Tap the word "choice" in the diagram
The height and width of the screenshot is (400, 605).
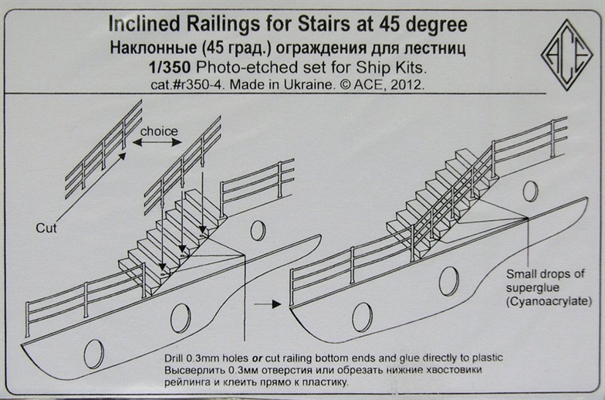tap(158, 131)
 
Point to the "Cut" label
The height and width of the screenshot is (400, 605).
tap(47, 228)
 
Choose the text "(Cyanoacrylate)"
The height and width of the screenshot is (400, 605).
tap(542, 300)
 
